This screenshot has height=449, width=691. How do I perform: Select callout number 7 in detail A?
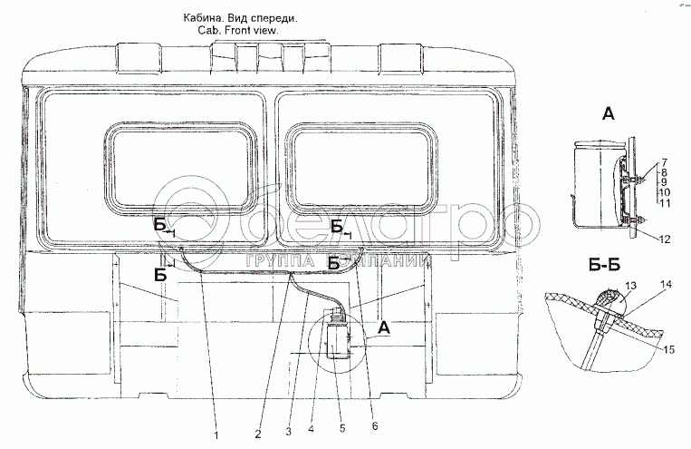664,161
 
